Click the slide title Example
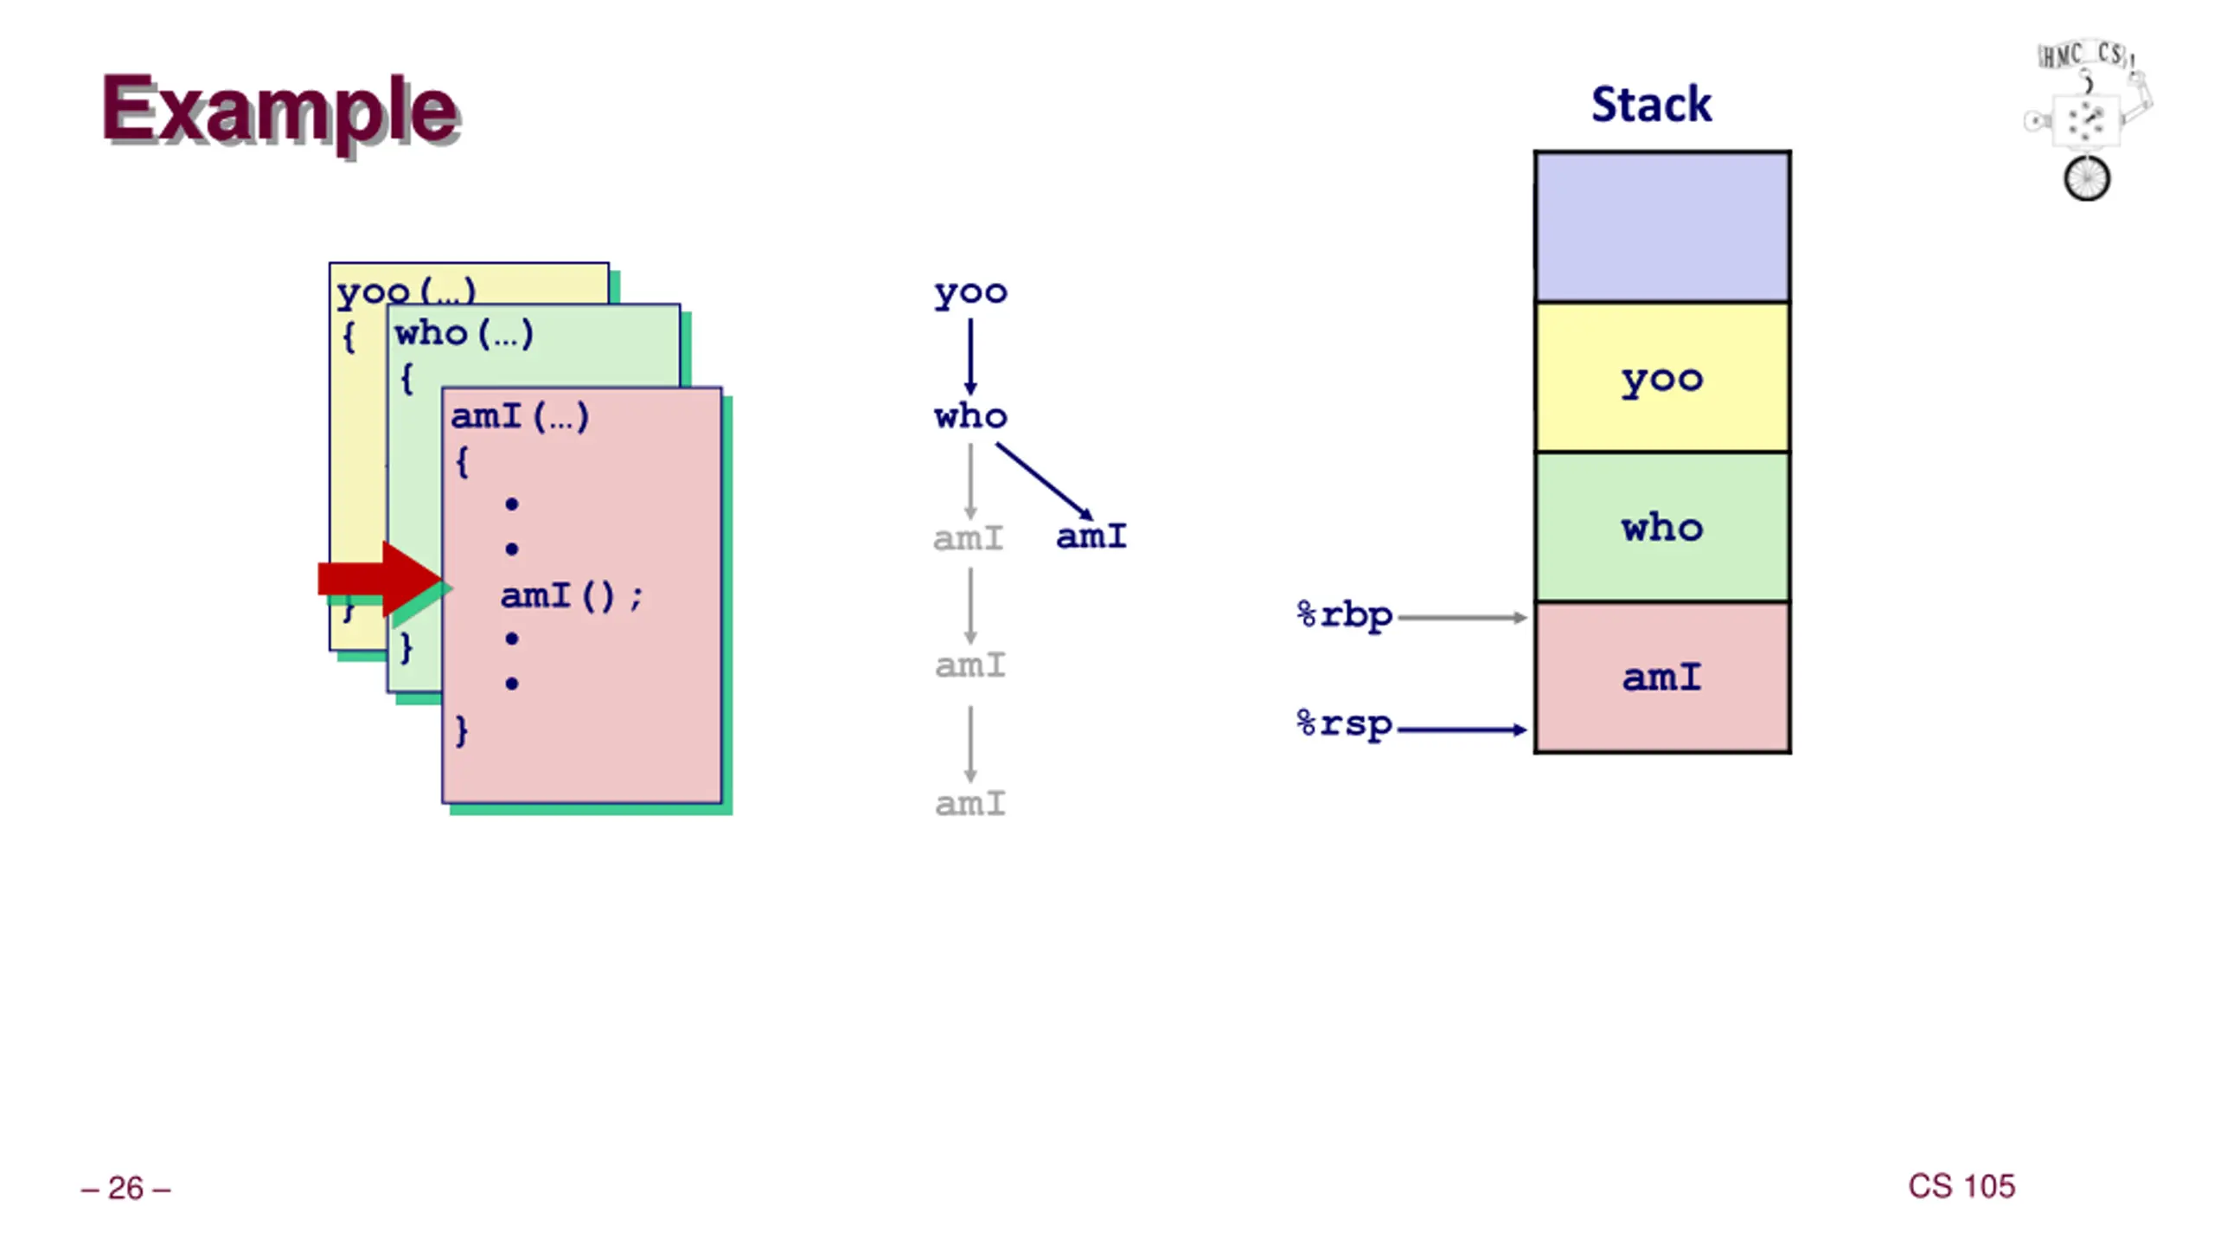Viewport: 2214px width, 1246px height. pyautogui.click(x=280, y=112)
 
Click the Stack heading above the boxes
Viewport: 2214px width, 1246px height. pyautogui.click(x=1651, y=104)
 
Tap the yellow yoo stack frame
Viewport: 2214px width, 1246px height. pyautogui.click(x=1662, y=377)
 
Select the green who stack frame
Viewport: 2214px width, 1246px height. pyautogui.click(x=1662, y=527)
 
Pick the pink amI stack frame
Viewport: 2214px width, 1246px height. pyautogui.click(x=1662, y=678)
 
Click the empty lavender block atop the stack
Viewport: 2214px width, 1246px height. pyautogui.click(x=1662, y=227)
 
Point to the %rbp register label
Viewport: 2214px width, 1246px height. pyautogui.click(x=1345, y=615)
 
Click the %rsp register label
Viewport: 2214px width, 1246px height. pyautogui.click(x=1345, y=724)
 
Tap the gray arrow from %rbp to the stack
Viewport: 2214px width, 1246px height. pyautogui.click(x=1462, y=617)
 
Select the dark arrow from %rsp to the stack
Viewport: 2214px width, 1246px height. pyautogui.click(x=1462, y=729)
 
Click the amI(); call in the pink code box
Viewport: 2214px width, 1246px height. pyautogui.click(x=572, y=595)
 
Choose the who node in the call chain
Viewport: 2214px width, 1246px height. pyautogui.click(x=970, y=416)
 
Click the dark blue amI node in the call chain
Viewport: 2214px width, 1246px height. pyautogui.click(x=1091, y=536)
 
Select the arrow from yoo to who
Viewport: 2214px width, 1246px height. pyautogui.click(x=970, y=356)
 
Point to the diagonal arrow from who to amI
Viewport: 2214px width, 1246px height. pyautogui.click(x=1045, y=482)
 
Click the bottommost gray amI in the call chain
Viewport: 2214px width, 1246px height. pyautogui.click(x=970, y=804)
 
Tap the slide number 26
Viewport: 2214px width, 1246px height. pyautogui.click(x=125, y=1188)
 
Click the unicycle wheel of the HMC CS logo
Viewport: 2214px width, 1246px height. pyautogui.click(x=2087, y=178)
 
